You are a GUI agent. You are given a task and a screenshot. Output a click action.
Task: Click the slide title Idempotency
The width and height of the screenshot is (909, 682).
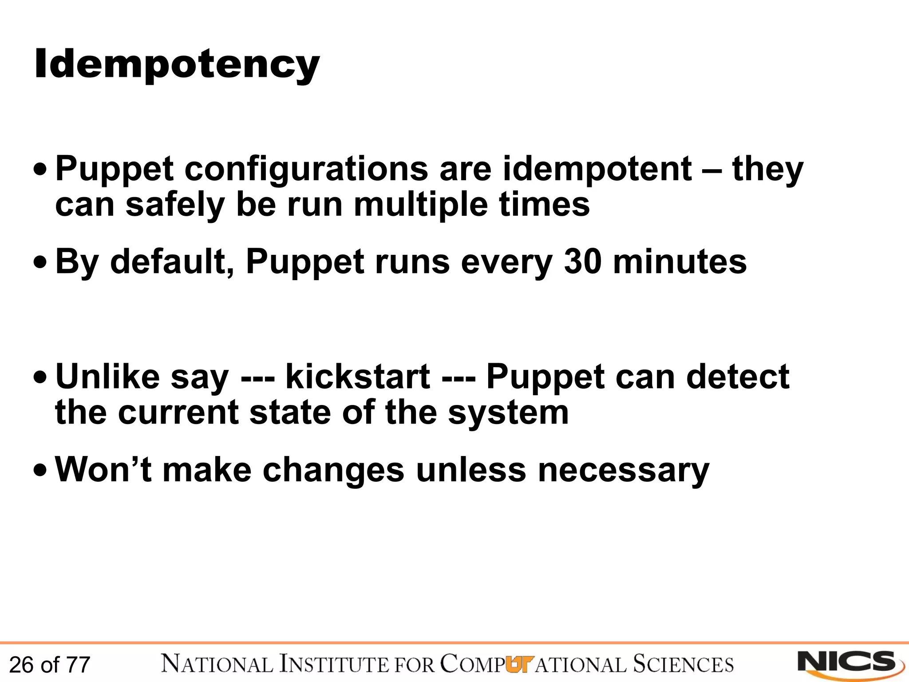click(x=177, y=65)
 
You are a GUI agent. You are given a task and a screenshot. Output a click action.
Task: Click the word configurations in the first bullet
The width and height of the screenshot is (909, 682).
click(x=306, y=170)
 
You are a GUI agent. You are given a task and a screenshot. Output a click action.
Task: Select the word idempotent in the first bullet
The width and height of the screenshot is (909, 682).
click(x=597, y=170)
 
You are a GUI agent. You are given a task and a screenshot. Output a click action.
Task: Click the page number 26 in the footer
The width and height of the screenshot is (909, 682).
click(x=21, y=665)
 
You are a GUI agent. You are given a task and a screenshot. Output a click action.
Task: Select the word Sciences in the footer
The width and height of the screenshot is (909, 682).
click(x=683, y=664)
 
